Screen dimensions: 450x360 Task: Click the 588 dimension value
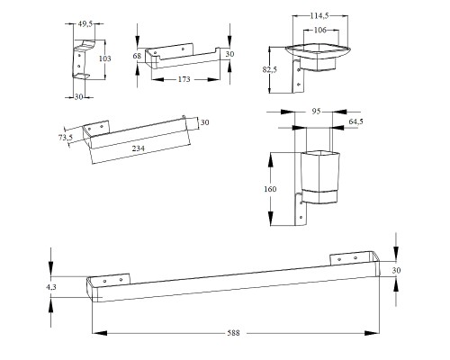[x=233, y=333]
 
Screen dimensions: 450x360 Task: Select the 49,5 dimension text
[x=85, y=24]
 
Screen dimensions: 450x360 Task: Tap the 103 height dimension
[x=105, y=58]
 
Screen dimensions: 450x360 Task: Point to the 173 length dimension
[x=184, y=79]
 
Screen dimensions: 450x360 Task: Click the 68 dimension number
[x=137, y=56]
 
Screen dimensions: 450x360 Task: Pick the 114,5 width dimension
[x=319, y=16]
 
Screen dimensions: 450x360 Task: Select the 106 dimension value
[x=320, y=30]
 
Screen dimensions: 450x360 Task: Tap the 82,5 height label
[x=270, y=69]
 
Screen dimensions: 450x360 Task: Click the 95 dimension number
[x=316, y=112]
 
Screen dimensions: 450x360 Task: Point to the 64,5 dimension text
[x=356, y=121]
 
